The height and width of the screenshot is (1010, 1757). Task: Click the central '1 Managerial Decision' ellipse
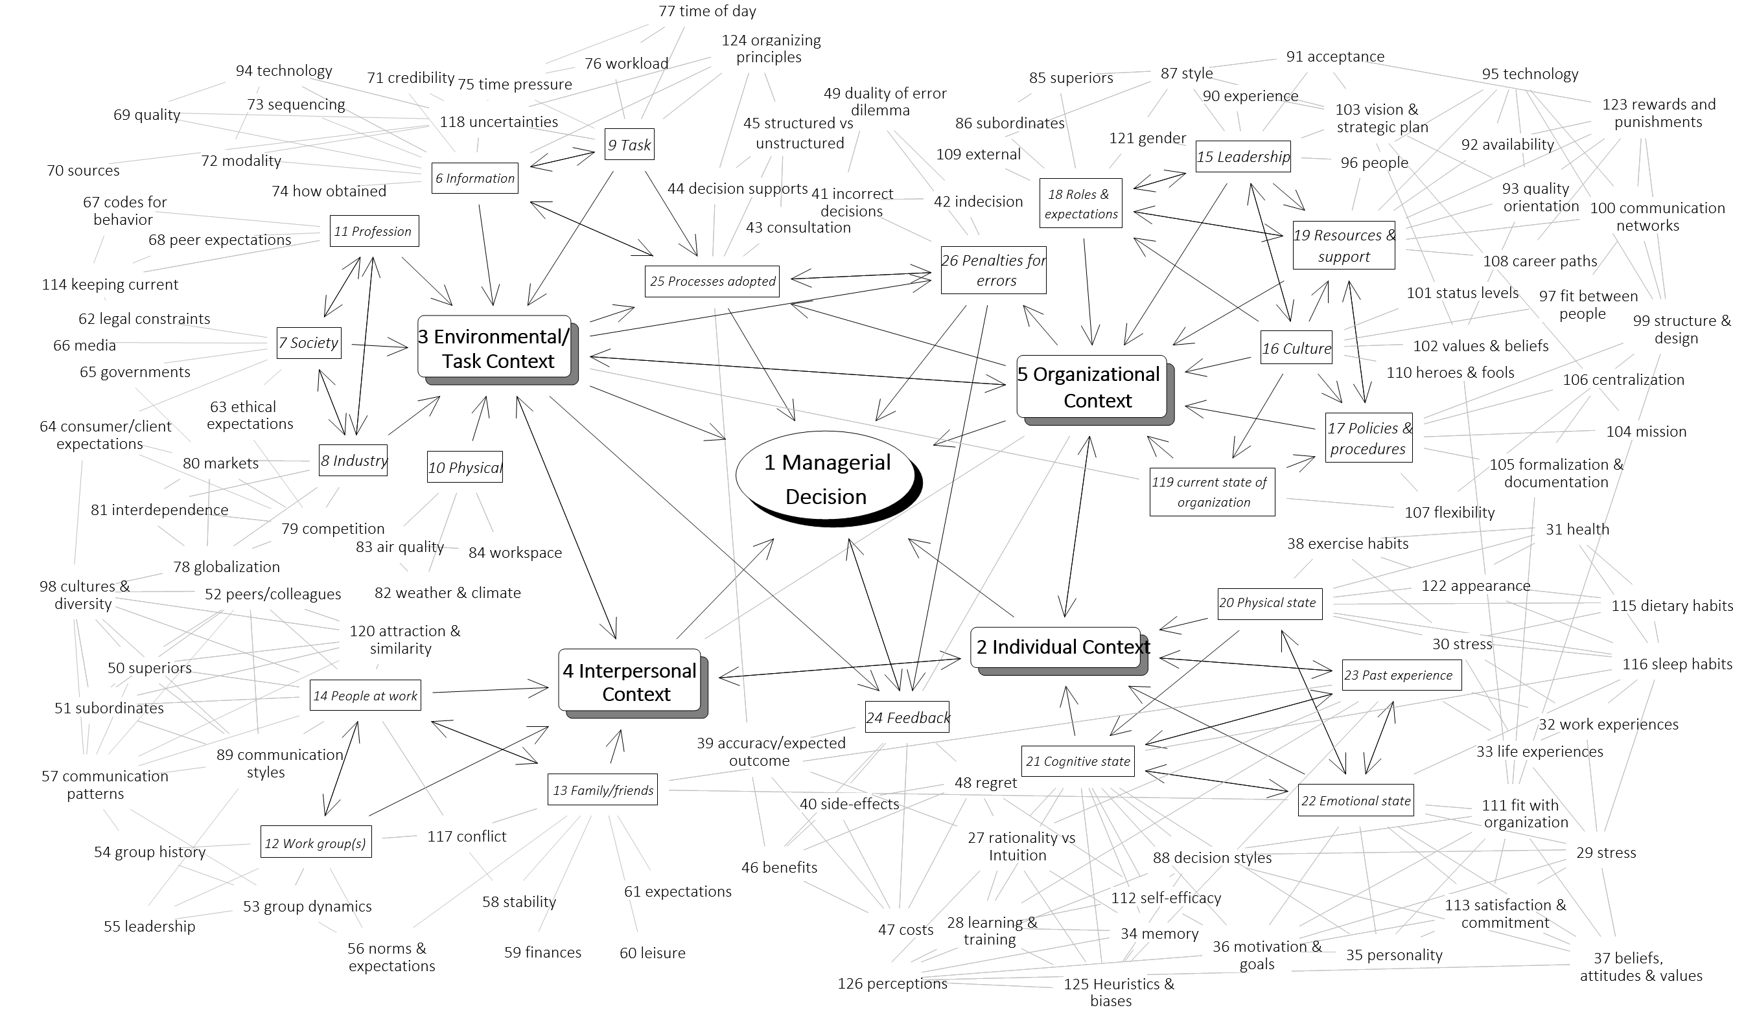[x=826, y=478]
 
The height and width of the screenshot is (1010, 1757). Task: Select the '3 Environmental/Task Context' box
[x=494, y=349]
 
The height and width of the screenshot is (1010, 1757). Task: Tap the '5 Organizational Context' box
[x=1091, y=387]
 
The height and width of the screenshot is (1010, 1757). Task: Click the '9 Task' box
[x=629, y=144]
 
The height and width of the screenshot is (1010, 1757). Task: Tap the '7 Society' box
[x=308, y=343]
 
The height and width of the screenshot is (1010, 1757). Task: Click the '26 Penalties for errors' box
[x=993, y=270]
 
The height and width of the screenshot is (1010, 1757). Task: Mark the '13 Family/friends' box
[x=602, y=790]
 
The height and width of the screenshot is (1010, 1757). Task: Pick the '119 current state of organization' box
[x=1211, y=492]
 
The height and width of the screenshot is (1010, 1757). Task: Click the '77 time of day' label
[x=707, y=11]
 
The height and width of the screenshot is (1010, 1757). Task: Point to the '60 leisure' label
[x=652, y=953]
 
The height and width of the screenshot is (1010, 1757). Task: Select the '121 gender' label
[x=1147, y=138]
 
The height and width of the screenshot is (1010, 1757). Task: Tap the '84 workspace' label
[x=515, y=553]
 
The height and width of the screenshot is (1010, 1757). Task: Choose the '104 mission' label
[x=1646, y=431]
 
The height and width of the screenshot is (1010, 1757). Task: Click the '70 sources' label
[x=83, y=170]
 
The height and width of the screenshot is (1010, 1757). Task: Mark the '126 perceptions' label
[x=892, y=983]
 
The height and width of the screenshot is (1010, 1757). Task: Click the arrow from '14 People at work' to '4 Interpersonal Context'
[x=489, y=689]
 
